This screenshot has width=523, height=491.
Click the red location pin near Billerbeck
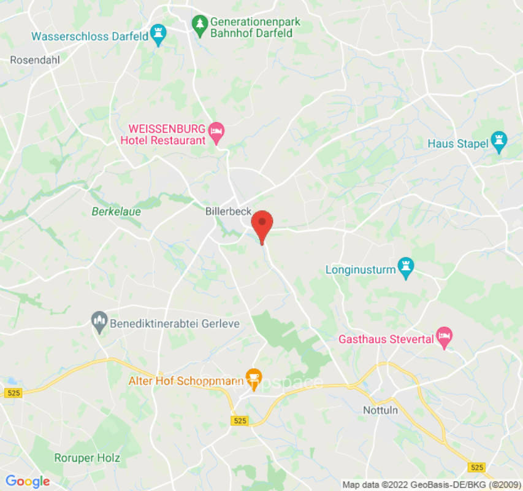tap(262, 225)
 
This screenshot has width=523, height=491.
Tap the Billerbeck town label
tap(228, 211)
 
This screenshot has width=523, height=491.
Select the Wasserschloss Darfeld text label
tap(90, 36)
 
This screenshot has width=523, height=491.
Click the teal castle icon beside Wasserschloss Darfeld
tap(159, 35)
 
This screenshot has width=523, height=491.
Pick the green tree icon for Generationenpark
tap(199, 26)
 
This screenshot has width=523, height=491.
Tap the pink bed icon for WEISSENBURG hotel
tap(216, 130)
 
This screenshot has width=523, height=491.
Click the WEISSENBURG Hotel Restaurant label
tap(167, 135)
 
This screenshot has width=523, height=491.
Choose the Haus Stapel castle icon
tap(500, 143)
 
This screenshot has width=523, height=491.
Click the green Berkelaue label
tap(116, 212)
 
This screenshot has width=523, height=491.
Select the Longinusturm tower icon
tap(405, 268)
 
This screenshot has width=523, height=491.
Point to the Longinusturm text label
tap(361, 269)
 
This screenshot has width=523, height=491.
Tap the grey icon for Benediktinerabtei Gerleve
tap(99, 322)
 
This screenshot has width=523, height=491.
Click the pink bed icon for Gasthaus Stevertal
tap(444, 337)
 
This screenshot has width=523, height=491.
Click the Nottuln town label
tap(380, 409)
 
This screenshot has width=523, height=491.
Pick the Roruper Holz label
tap(87, 458)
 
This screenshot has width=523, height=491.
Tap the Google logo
tap(27, 481)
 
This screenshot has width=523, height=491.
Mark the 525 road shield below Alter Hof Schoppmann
tap(240, 420)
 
